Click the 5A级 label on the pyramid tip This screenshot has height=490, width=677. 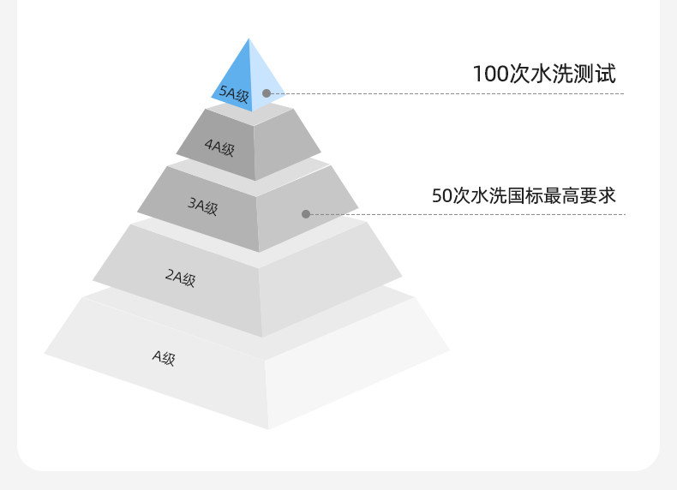[x=234, y=95]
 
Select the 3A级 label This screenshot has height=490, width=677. [x=202, y=206]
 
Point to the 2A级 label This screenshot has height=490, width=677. [x=180, y=278]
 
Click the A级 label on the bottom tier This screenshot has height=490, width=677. [x=164, y=357]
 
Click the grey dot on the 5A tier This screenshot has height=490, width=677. [x=267, y=93]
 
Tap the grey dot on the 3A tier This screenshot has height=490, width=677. [x=306, y=213]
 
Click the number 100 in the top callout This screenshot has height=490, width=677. [x=491, y=75]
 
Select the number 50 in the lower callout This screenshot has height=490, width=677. [x=441, y=195]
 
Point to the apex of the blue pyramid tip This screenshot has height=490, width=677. [x=249, y=39]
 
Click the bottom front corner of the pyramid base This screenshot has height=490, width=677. [x=268, y=428]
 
